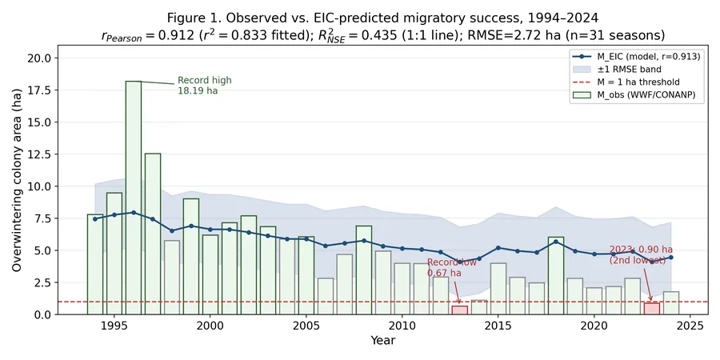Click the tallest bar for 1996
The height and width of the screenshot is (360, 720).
tap(133, 198)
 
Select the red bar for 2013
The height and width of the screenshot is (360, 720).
tap(460, 310)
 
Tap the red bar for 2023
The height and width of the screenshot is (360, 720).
tap(651, 309)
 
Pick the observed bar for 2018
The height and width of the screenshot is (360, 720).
tap(556, 275)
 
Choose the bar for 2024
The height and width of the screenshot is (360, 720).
tap(671, 303)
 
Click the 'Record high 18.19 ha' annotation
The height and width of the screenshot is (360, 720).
tap(205, 86)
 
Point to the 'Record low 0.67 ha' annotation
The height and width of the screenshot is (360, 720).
tap(445, 268)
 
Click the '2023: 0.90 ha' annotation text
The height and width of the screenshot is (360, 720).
tap(641, 250)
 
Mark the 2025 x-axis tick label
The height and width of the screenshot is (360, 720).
tap(690, 326)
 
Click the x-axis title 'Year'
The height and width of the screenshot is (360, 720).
tap(383, 341)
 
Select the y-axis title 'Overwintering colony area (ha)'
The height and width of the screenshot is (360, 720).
tap(17, 186)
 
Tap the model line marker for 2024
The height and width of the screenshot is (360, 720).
tap(671, 257)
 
